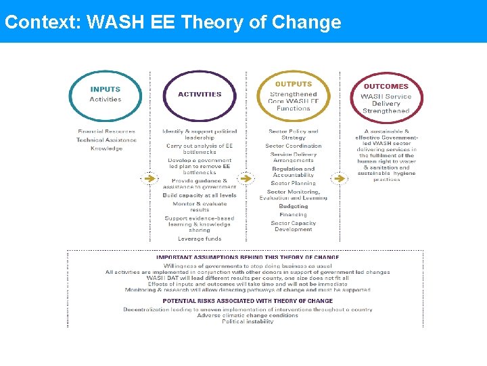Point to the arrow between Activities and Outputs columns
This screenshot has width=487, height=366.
[x=246, y=179]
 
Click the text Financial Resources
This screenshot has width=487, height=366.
[x=106, y=131]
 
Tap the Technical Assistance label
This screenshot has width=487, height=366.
[x=106, y=140]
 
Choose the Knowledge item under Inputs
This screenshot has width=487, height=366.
[x=106, y=148]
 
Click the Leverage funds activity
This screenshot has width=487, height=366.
[x=200, y=239]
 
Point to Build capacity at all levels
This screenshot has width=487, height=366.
[x=200, y=195]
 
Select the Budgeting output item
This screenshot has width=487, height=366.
[x=293, y=206]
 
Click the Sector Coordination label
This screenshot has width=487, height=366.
[x=293, y=146]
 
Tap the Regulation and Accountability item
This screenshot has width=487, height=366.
[x=293, y=172]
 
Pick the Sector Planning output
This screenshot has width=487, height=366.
[x=293, y=183]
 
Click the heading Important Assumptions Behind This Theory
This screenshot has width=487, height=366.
[x=248, y=258]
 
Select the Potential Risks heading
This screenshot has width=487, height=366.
[x=248, y=301]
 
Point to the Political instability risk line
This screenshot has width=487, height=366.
[x=248, y=321]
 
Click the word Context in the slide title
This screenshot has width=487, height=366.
[x=41, y=22]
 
